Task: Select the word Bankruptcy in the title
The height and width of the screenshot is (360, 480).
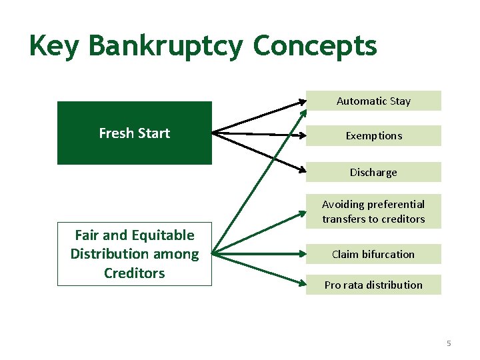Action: (x=167, y=47)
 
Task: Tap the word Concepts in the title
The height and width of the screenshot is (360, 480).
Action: (x=315, y=47)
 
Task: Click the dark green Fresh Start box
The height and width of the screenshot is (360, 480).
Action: (x=134, y=133)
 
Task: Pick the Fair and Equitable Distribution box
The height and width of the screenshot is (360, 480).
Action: (x=134, y=253)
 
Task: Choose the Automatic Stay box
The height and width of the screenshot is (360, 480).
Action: (x=373, y=101)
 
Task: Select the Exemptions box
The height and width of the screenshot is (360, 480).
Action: (x=373, y=135)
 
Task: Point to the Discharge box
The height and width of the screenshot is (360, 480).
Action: (x=373, y=172)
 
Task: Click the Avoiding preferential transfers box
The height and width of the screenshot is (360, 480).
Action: (x=373, y=211)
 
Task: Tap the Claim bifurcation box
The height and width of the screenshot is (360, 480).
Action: (x=373, y=254)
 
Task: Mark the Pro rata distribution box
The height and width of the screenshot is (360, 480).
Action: (x=373, y=285)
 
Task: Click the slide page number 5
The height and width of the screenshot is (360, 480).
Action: (x=449, y=343)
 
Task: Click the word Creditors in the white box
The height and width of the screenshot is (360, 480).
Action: (x=134, y=273)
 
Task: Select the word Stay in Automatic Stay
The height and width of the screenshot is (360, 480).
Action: (x=400, y=101)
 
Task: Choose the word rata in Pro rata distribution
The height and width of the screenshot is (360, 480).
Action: (x=353, y=285)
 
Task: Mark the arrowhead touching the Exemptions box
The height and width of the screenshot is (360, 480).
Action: (x=301, y=135)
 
